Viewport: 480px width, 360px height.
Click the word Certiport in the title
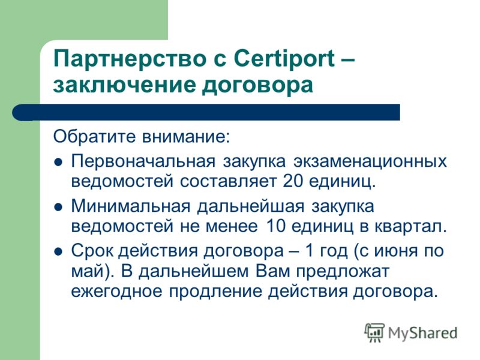point(284,59)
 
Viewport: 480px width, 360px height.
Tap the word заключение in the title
point(124,85)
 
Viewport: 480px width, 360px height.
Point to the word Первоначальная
point(143,161)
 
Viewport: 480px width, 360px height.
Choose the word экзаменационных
point(370,161)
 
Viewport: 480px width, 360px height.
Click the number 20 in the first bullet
point(292,181)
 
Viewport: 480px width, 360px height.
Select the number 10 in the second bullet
point(276,226)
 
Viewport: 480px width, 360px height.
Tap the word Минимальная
point(130,206)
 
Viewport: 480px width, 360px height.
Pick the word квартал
point(411,226)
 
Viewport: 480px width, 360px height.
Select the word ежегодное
point(116,292)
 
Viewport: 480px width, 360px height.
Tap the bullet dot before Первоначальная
point(58,163)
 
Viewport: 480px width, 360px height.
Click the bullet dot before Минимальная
point(58,207)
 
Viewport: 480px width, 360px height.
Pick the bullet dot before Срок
point(58,251)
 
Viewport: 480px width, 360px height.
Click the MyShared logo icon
point(374,332)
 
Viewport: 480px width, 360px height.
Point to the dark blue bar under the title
point(206,112)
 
